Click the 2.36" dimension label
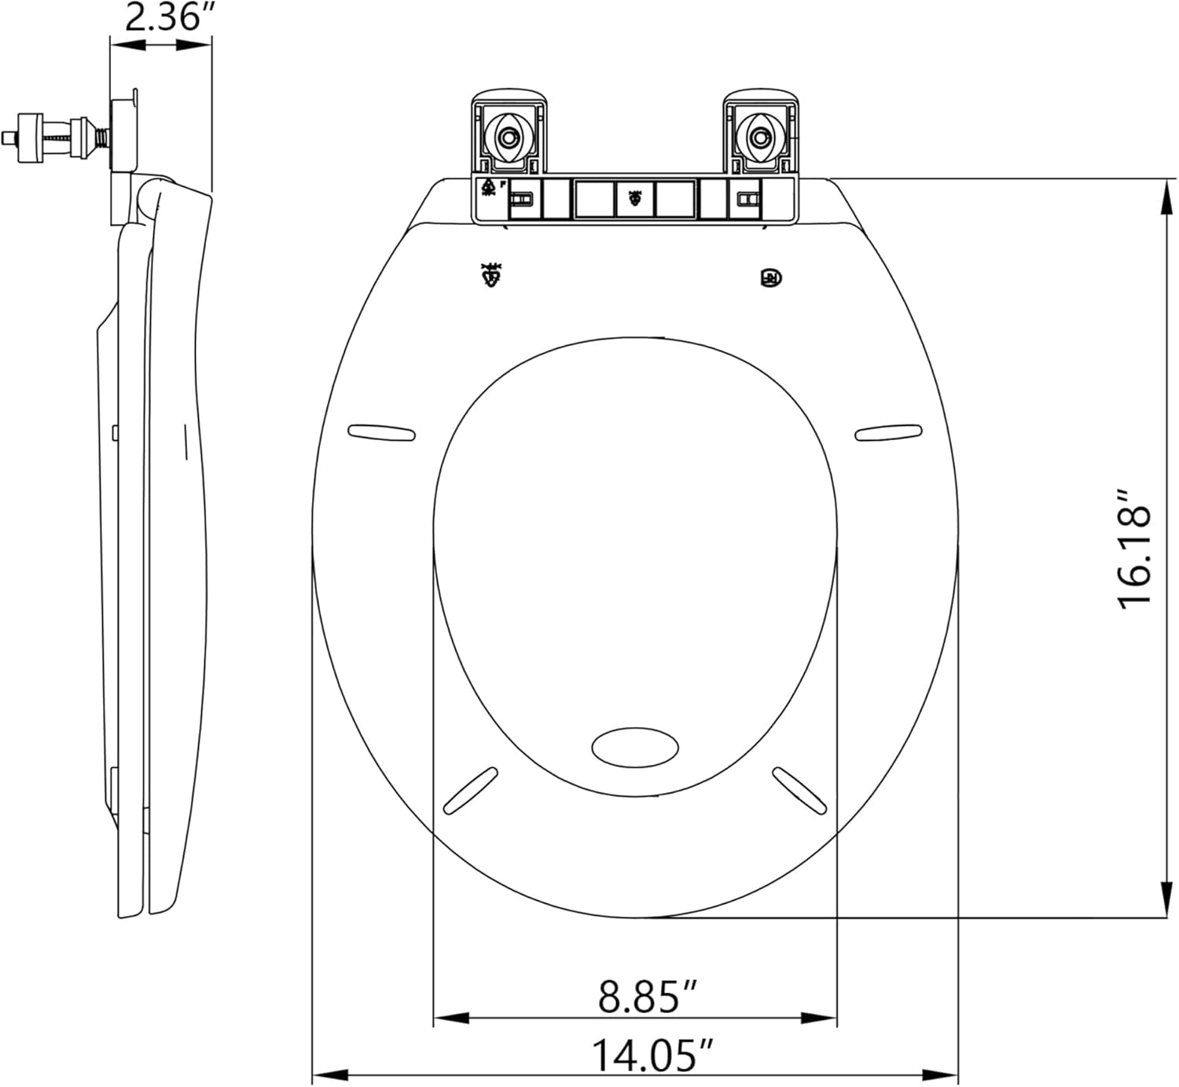click(163, 17)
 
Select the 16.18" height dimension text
click(1135, 549)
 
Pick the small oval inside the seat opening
click(635, 746)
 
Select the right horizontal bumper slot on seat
click(888, 431)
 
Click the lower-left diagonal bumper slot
click(471, 790)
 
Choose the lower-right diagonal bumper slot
click(799, 790)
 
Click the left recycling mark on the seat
click(493, 275)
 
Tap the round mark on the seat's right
click(771, 277)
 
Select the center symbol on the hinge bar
click(635, 199)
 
